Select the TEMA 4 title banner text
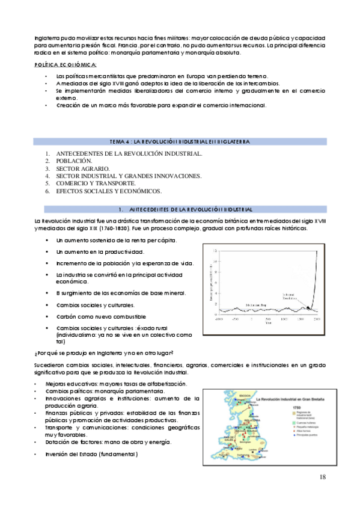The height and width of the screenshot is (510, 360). (180, 141)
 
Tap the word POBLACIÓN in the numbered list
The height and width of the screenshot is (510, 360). (74, 161)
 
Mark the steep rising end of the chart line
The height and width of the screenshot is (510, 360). (316, 271)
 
